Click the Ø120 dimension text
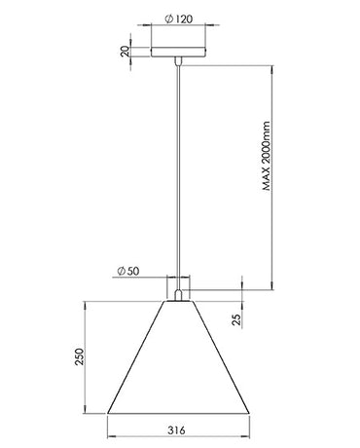pyautogui.click(x=178, y=19)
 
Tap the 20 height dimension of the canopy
pyautogui.click(x=124, y=52)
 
